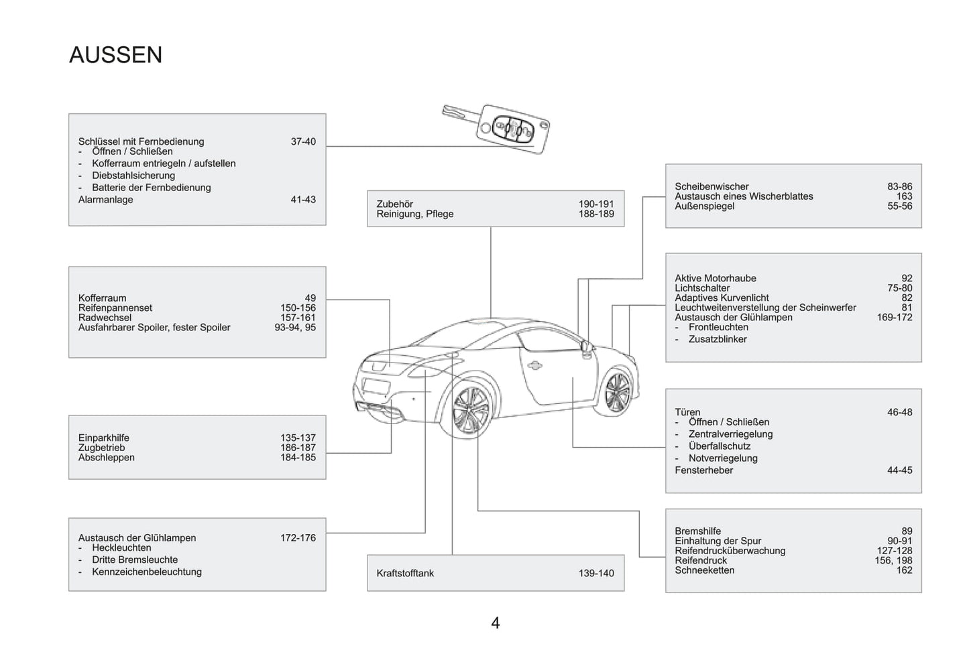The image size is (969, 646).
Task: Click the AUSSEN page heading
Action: tap(115, 55)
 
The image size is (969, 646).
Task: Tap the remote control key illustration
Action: tap(496, 129)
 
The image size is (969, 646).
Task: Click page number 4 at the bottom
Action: tap(496, 623)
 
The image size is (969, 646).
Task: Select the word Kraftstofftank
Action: tap(405, 573)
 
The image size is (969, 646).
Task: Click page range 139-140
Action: tap(596, 573)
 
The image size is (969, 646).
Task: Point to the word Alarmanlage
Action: tap(105, 199)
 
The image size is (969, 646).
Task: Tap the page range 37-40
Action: tap(303, 141)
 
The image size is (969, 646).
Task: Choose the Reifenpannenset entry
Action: tap(115, 308)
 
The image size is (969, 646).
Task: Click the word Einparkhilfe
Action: tap(104, 438)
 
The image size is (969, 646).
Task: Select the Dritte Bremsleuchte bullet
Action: tap(135, 560)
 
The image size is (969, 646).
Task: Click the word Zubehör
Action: tap(394, 204)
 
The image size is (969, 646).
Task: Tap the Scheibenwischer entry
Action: tap(711, 186)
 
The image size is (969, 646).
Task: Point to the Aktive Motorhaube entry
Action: tap(716, 278)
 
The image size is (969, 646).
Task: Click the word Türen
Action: tap(687, 412)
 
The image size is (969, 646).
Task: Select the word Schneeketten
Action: tap(705, 570)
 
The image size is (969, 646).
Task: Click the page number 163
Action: tap(904, 196)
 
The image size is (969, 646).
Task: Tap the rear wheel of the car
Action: tap(471, 409)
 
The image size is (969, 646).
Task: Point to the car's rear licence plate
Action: tap(376, 386)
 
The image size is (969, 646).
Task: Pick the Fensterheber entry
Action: tap(704, 470)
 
